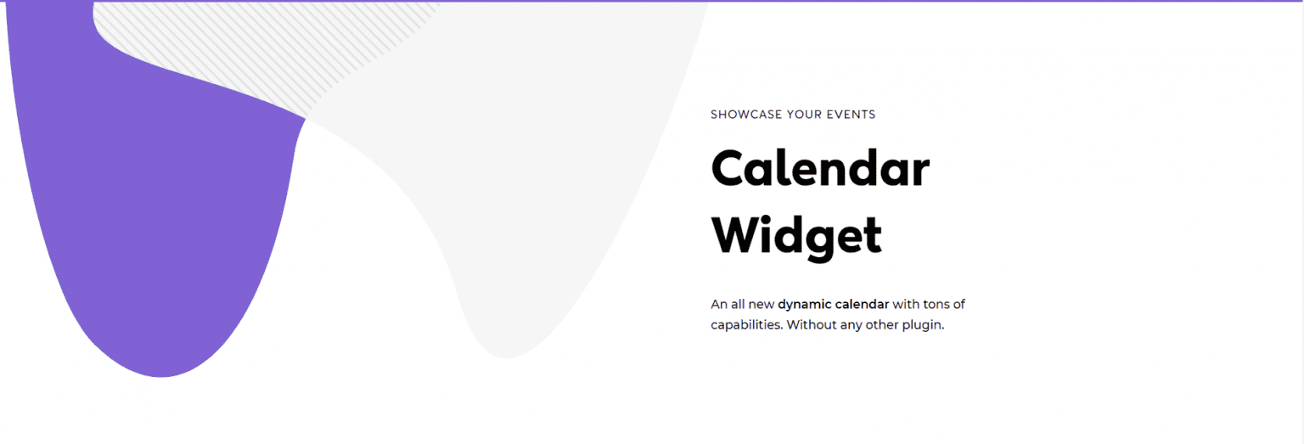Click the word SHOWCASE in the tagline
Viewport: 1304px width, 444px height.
(x=745, y=115)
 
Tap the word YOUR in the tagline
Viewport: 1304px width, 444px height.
(x=803, y=115)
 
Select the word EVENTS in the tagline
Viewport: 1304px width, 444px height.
(x=852, y=115)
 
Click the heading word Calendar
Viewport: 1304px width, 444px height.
(x=820, y=169)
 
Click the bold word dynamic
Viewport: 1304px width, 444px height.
(x=804, y=304)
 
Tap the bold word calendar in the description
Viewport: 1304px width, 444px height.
(x=862, y=304)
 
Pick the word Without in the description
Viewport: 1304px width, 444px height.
(x=810, y=325)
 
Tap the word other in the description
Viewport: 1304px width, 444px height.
(x=883, y=325)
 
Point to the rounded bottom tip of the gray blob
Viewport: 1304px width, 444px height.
(x=507, y=350)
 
